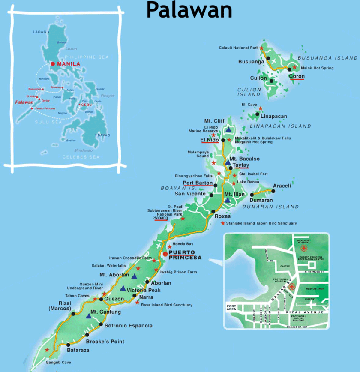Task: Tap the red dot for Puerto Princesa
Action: (165, 254)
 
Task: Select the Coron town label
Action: (297, 77)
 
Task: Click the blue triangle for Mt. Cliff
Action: (228, 129)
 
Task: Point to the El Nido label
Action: (210, 140)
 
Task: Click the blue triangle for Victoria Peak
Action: (123, 288)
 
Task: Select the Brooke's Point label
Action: (105, 342)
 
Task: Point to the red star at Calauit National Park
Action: (261, 48)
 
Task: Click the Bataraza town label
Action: (79, 350)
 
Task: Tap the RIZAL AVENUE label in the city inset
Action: (307, 312)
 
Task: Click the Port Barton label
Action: (198, 183)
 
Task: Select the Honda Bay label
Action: (182, 244)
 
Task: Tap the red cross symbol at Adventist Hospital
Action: (304, 248)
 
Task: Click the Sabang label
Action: (161, 218)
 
